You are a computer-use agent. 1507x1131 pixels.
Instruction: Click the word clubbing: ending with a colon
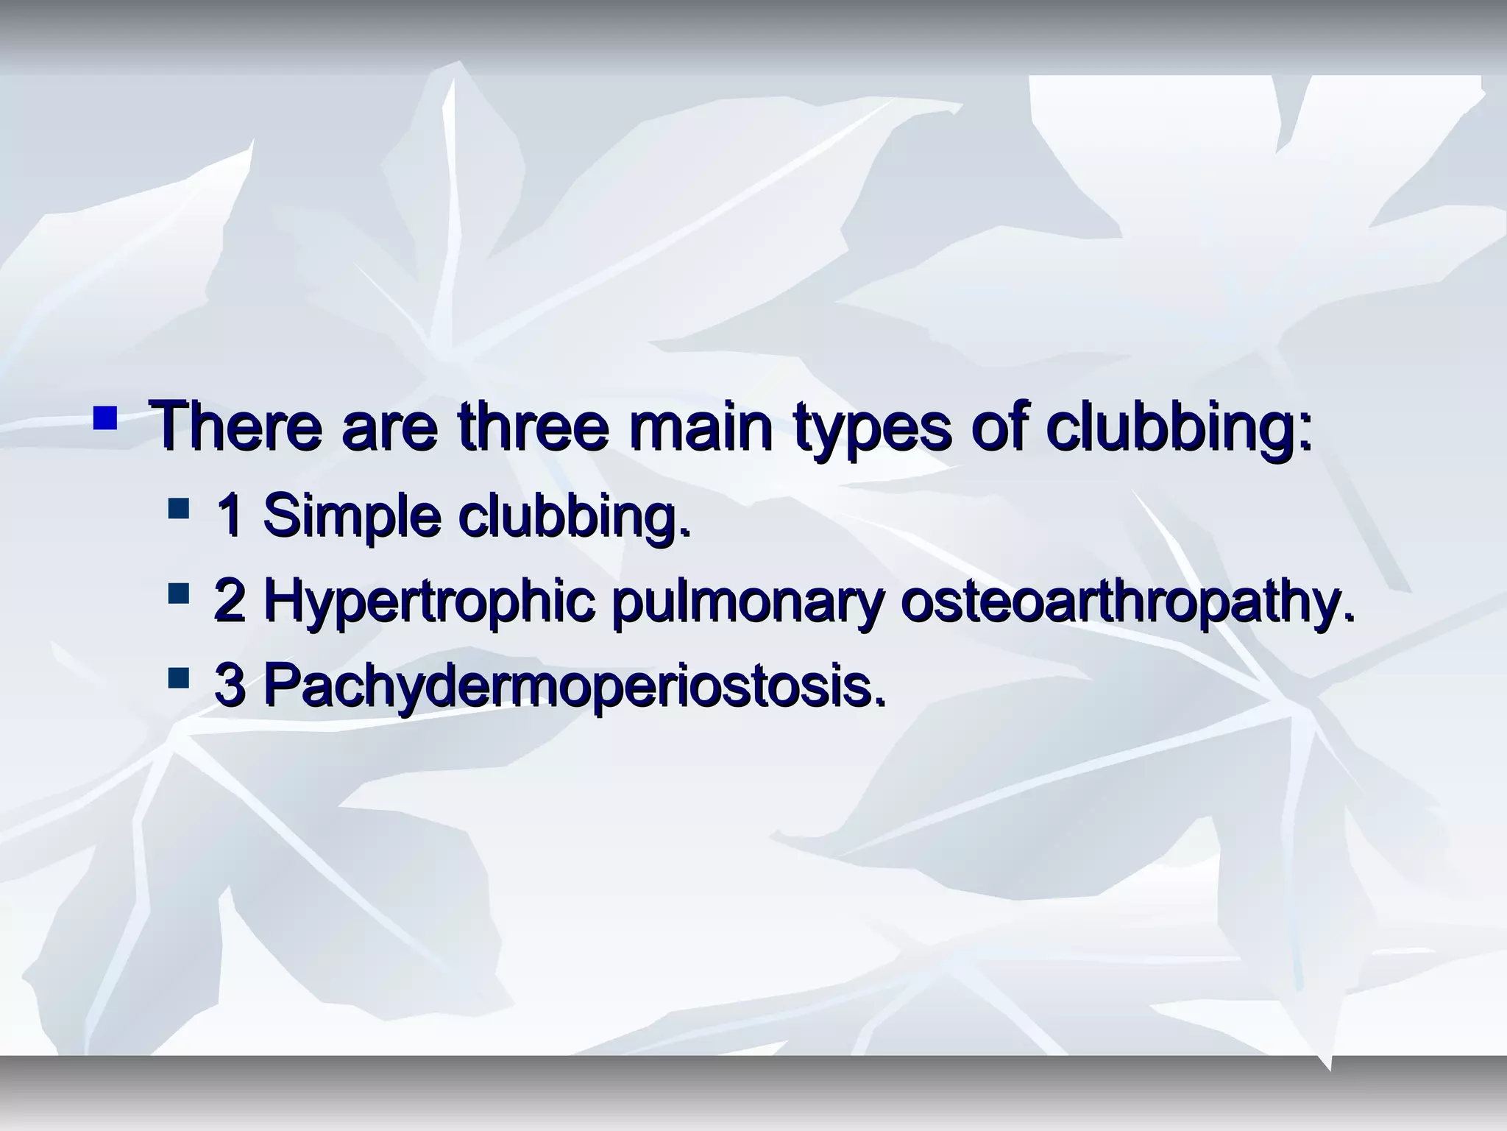(1178, 426)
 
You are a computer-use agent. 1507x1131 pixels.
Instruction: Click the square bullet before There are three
(105, 418)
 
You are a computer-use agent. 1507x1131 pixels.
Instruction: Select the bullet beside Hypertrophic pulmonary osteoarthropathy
(178, 593)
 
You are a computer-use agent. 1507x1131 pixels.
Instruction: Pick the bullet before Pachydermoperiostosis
(178, 677)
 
